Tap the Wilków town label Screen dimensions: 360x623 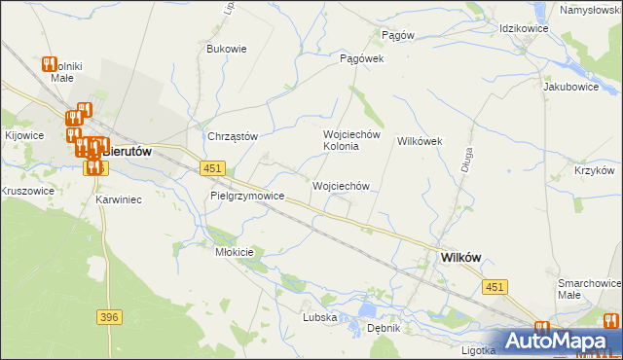pos(460,257)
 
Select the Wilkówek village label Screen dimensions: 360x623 pos(420,141)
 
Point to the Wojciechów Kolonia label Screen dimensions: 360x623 pos(342,140)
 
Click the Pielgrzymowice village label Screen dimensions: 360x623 pos(247,196)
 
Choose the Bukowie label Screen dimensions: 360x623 pos(227,48)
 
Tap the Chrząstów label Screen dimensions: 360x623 pos(232,136)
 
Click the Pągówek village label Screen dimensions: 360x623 pos(362,58)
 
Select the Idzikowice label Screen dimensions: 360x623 pos(524,29)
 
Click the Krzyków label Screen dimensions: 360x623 pos(593,170)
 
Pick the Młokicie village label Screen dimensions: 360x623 pos(234,252)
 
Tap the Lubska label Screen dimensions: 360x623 pos(319,317)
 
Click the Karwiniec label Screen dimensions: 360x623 pos(120,199)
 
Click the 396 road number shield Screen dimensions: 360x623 pos(109,317)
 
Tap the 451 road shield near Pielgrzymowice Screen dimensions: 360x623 pos(214,168)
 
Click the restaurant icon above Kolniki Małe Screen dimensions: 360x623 pos(51,64)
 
